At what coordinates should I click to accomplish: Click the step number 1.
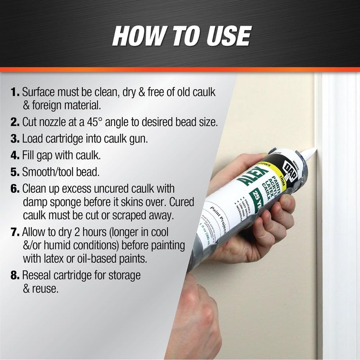point(14,92)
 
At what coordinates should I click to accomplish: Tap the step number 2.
point(15,122)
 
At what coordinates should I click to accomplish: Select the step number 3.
point(15,139)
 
